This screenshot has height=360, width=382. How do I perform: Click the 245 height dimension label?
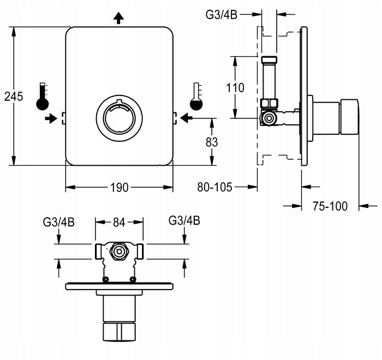point(13,97)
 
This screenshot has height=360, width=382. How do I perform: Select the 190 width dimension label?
point(119,188)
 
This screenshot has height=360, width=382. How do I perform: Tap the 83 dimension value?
point(212,142)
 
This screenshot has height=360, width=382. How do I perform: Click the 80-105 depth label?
point(215,187)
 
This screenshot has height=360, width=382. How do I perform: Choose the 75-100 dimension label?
point(331,206)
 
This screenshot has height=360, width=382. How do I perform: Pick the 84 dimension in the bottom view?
point(119,222)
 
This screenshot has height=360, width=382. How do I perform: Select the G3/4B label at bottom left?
point(58,222)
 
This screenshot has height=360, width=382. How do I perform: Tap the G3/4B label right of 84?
point(184,221)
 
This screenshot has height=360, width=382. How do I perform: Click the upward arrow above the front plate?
point(120,18)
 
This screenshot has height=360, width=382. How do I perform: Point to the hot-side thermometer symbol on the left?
point(43,96)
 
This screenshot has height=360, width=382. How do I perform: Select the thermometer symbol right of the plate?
point(195,96)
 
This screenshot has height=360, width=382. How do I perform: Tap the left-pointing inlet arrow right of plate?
point(186,117)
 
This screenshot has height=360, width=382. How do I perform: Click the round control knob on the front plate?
point(120,117)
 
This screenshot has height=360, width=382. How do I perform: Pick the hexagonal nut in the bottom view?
point(118,251)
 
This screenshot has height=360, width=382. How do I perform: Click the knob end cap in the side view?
point(350,117)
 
